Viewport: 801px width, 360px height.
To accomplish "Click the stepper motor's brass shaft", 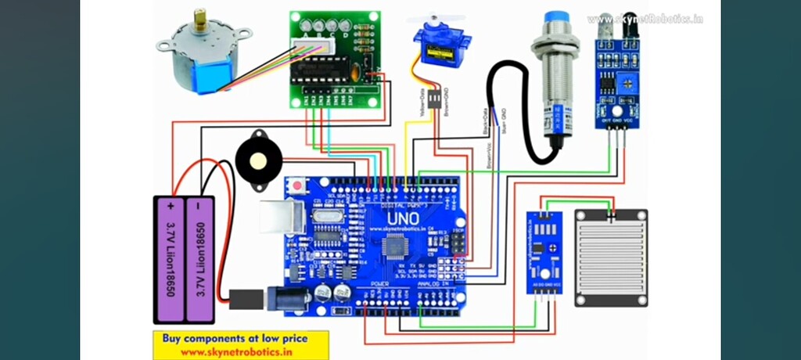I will (201, 19).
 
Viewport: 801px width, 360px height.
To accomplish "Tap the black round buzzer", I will (253, 160).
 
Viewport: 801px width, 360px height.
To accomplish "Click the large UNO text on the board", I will (402, 217).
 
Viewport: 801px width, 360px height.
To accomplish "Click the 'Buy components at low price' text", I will (235, 339).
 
